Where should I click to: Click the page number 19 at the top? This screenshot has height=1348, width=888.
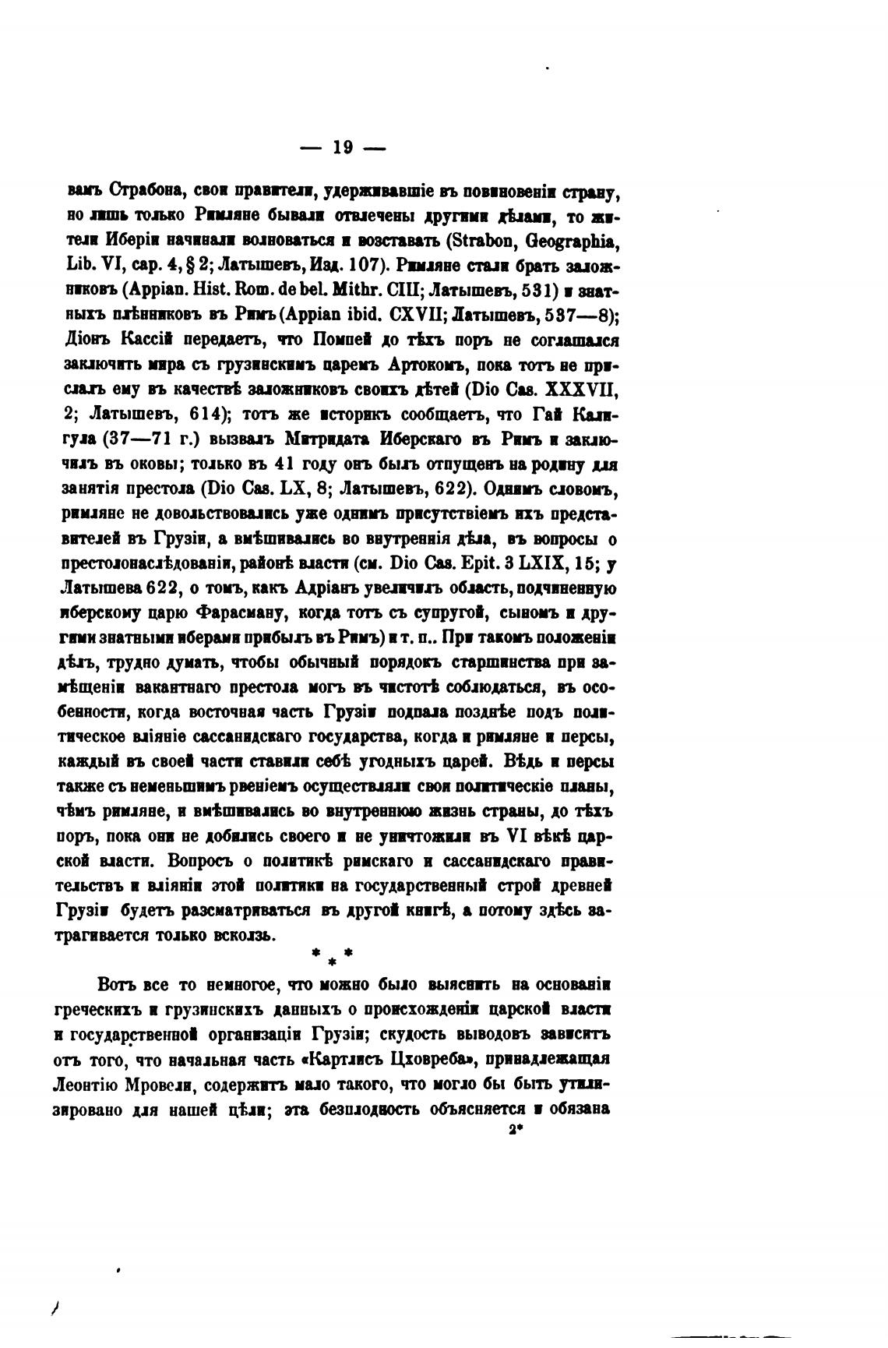pyautogui.click(x=343, y=147)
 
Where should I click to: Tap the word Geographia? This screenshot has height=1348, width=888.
pyautogui.click(x=578, y=240)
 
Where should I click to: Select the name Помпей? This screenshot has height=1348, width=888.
pyautogui.click(x=345, y=341)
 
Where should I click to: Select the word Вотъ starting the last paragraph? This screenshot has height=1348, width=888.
pyautogui.click(x=118, y=985)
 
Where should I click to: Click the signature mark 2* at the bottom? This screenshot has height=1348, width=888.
pyautogui.click(x=514, y=1131)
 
